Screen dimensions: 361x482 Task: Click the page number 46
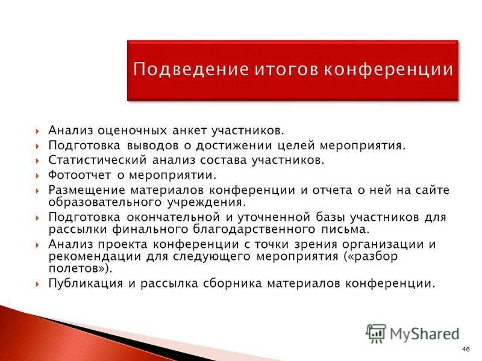point(465,350)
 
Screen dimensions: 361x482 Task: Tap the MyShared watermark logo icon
point(376,333)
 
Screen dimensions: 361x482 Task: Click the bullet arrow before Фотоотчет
point(38,175)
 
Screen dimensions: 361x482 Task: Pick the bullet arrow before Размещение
point(38,190)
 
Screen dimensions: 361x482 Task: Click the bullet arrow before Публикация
point(38,283)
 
